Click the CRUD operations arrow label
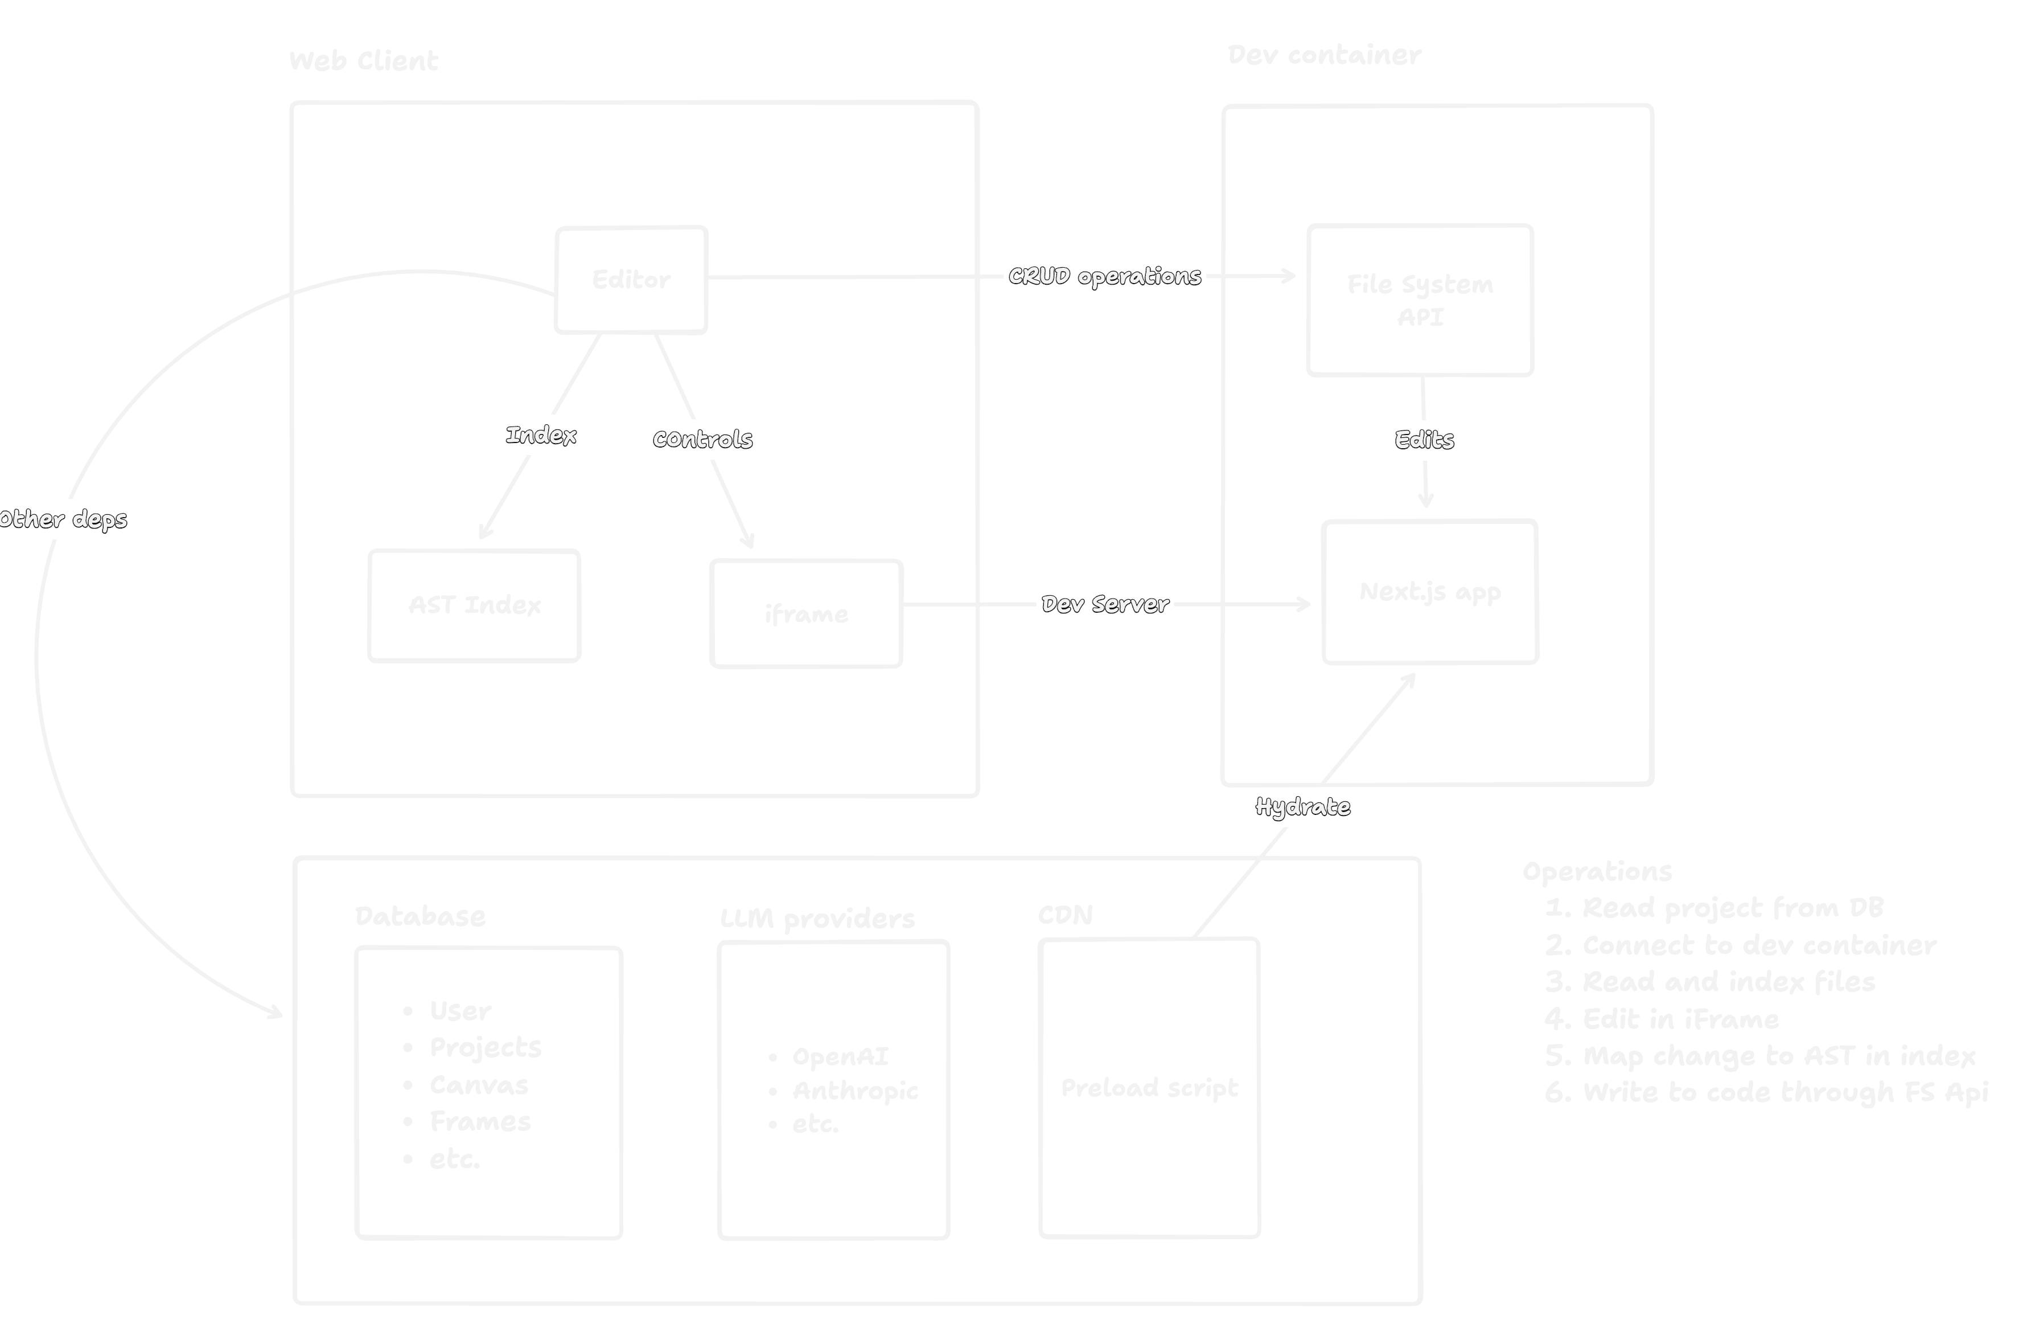pos(1104,276)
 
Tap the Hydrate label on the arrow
pos(1302,807)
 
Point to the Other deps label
pos(63,519)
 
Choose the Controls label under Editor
pos(702,439)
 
